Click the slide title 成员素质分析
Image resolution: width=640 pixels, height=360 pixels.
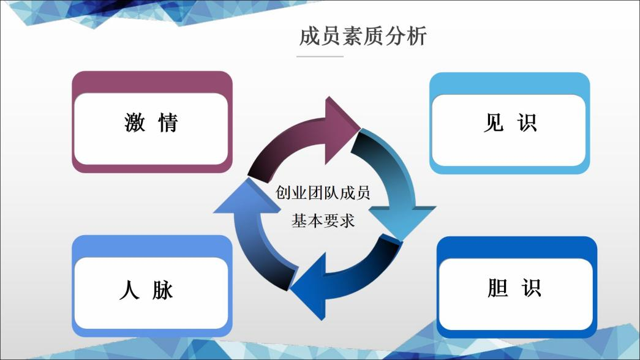(x=363, y=36)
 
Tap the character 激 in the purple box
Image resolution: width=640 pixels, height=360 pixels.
(x=135, y=123)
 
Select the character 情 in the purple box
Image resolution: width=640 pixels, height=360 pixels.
(x=167, y=123)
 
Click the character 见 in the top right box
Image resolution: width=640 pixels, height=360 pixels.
(x=493, y=123)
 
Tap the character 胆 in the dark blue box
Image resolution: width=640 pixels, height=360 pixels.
(x=498, y=287)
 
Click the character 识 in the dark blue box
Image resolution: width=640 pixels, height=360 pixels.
(x=531, y=287)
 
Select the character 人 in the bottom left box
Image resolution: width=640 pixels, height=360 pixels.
(x=129, y=290)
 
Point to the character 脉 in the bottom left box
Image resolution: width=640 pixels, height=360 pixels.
(x=163, y=290)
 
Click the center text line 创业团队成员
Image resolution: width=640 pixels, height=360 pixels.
(x=323, y=194)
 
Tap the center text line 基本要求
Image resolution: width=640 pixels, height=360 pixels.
(x=323, y=221)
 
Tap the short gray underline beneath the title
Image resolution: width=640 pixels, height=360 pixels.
(x=320, y=56)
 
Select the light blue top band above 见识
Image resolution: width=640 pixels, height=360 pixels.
(x=509, y=83)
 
